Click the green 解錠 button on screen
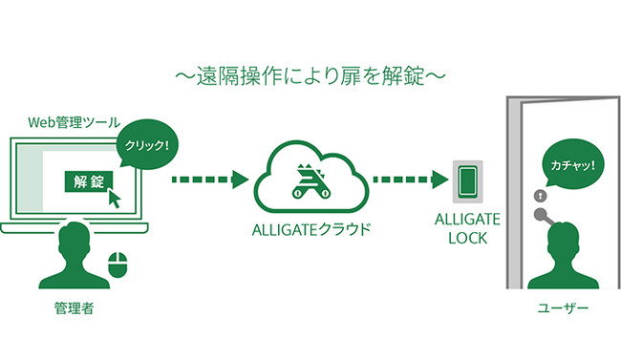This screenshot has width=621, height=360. coord(87,180)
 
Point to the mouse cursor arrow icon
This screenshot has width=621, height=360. coord(116,199)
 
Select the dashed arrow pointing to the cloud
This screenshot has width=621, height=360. coord(209,180)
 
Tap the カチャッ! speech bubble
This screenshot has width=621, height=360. coord(571,164)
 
